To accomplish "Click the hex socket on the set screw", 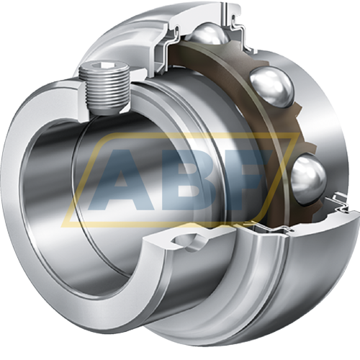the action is coord(103,65).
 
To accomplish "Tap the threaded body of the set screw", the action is coord(105,89).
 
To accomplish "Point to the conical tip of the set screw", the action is coord(106,110).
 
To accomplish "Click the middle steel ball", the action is coord(272,87).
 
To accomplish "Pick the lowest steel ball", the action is coord(309,179).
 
